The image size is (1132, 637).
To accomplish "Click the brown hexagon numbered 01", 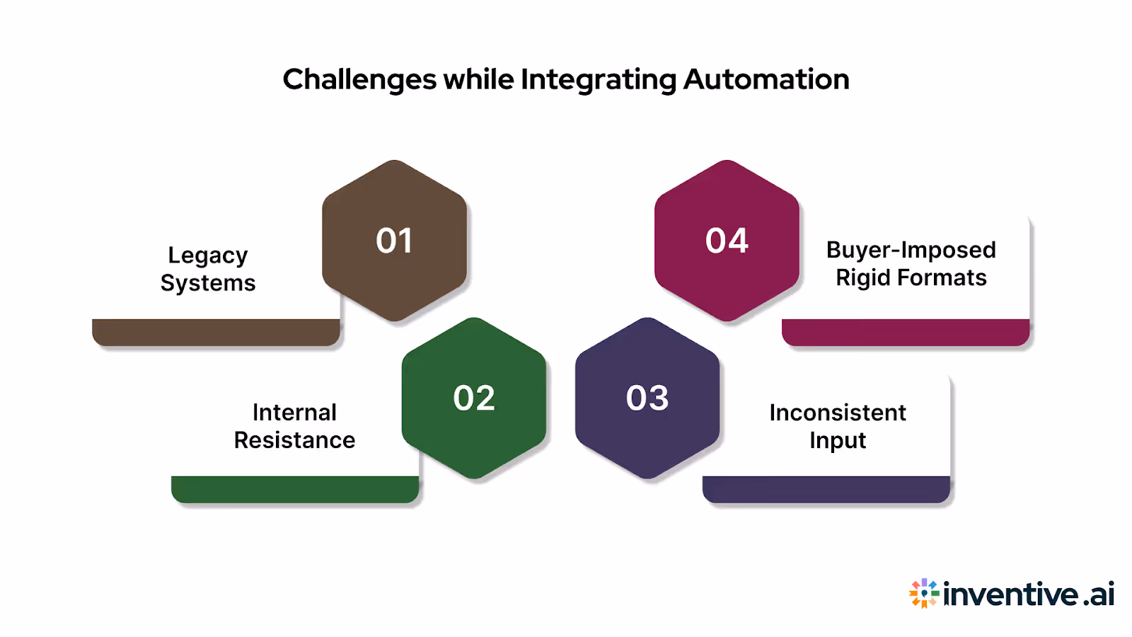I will point(394,241).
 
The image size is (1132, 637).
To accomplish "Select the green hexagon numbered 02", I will point(474,398).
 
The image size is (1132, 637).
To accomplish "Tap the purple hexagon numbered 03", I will point(647,398).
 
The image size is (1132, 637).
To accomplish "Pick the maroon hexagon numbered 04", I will point(727,241).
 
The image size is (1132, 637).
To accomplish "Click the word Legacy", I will point(208,256).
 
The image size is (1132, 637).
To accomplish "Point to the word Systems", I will point(208,283).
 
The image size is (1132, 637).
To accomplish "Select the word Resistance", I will point(294,440).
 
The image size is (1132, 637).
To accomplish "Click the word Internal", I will point(294,413).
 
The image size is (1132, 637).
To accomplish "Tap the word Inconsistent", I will point(838,413).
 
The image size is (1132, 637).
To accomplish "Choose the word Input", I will point(838,441).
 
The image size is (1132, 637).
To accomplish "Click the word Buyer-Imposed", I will point(911,250).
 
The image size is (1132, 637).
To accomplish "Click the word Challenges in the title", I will point(359,80).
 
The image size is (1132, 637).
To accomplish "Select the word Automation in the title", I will point(766,79).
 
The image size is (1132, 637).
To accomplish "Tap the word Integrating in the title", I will point(599,80).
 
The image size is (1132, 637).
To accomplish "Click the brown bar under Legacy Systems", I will point(216,332).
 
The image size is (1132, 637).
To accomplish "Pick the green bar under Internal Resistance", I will point(295,489).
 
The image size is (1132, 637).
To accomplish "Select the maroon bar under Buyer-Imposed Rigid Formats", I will point(906,332).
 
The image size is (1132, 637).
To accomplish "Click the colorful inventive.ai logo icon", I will point(924,593).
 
